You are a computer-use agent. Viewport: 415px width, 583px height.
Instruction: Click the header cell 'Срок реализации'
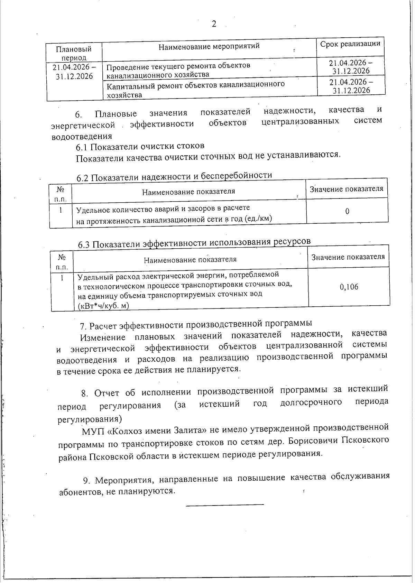pyautogui.click(x=350, y=44)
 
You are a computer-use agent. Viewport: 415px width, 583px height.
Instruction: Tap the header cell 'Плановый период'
pyautogui.click(x=74, y=53)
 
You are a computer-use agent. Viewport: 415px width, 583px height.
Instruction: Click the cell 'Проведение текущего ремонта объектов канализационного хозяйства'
pyautogui.click(x=178, y=70)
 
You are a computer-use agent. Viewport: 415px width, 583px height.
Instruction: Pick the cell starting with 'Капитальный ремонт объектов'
pyautogui.click(x=196, y=89)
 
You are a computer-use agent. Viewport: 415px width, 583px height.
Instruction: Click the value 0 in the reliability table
pyautogui.click(x=347, y=211)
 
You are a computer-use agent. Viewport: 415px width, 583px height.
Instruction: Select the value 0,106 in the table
pyautogui.click(x=349, y=287)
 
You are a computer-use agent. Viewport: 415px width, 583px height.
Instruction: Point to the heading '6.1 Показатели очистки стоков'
pyautogui.click(x=140, y=146)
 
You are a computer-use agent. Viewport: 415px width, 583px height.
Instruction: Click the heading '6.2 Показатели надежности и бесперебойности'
pyautogui.click(x=174, y=176)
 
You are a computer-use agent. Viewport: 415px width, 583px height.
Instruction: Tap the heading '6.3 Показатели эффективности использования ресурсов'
pyautogui.click(x=194, y=243)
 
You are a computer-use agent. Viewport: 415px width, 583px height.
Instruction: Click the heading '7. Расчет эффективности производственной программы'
pyautogui.click(x=196, y=325)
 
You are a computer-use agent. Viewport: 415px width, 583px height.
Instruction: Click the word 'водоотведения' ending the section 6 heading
pyautogui.click(x=82, y=136)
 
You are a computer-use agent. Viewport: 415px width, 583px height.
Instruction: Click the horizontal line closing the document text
pyautogui.click(x=225, y=505)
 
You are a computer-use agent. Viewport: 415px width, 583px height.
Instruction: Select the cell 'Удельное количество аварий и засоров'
pyautogui.click(x=163, y=209)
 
